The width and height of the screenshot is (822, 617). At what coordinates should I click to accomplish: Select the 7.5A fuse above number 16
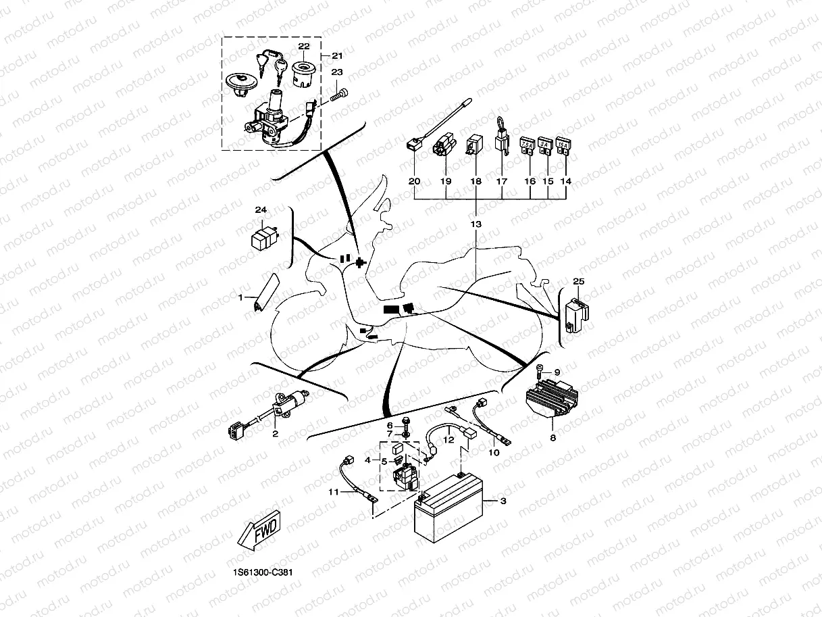tap(528, 147)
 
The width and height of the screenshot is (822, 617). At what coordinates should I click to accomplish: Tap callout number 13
tap(476, 224)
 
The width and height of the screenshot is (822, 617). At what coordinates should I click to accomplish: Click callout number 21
tap(337, 55)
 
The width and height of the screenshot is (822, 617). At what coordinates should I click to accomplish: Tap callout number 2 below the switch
tap(275, 434)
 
